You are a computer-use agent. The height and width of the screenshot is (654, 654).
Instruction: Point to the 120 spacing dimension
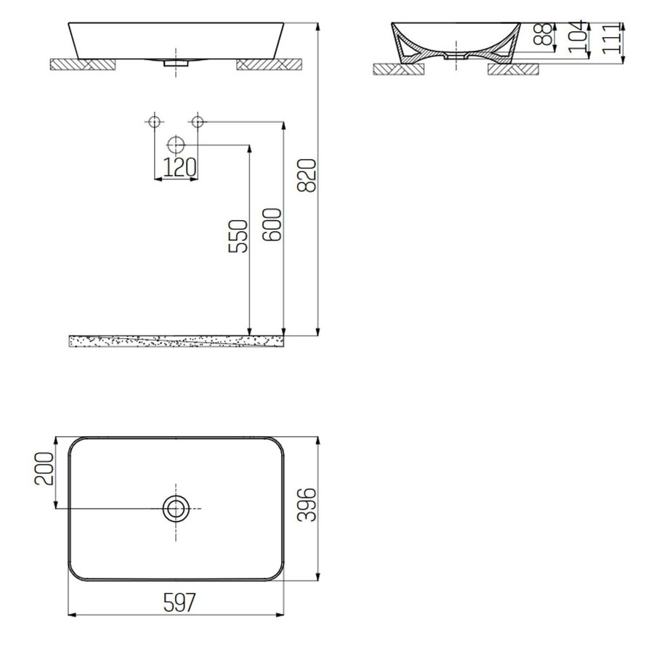[x=179, y=168]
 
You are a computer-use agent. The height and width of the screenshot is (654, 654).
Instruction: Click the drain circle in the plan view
[x=175, y=509]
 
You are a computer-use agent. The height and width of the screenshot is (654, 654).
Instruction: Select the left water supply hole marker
[x=153, y=121]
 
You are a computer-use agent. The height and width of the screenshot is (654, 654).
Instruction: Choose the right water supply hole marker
[x=198, y=121]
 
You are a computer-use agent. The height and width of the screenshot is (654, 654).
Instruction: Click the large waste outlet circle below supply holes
[x=175, y=145]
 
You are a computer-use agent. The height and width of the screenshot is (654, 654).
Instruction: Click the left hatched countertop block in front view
[x=82, y=64]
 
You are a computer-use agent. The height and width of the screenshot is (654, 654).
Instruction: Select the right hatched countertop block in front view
[x=267, y=64]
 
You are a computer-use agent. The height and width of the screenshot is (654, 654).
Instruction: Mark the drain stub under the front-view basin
[x=175, y=64]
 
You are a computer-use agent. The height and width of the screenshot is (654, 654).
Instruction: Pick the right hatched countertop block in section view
[x=512, y=69]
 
